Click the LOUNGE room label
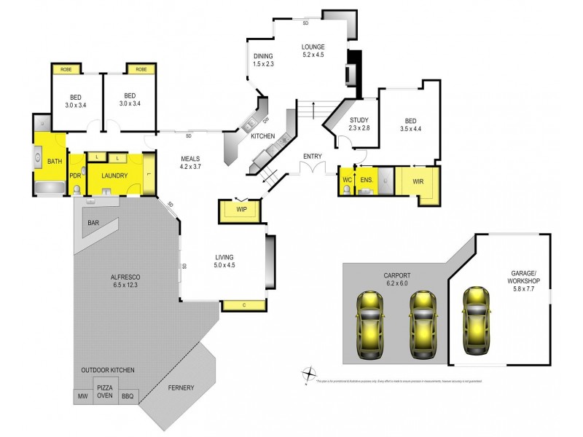tap(313, 47)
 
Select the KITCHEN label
tap(262, 136)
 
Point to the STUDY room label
tap(359, 120)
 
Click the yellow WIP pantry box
tap(240, 210)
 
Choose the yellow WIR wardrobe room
tap(418, 181)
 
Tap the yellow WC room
tap(347, 180)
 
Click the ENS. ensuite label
tap(367, 179)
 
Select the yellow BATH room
tap(54, 161)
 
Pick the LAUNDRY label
tap(114, 176)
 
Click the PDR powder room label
tap(75, 176)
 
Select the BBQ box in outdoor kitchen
tap(128, 396)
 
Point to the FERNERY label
tap(181, 387)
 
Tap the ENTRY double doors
tap(314, 170)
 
